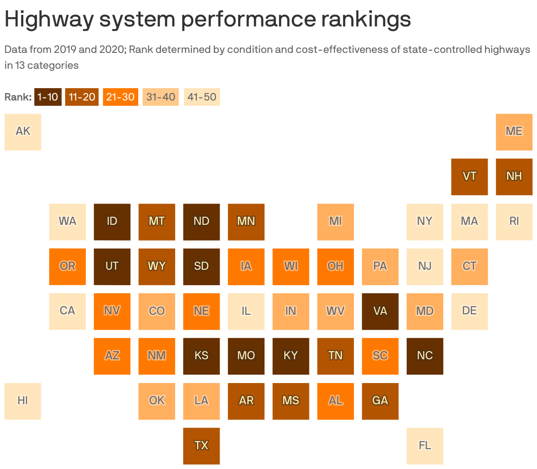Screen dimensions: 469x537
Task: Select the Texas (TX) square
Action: (201, 446)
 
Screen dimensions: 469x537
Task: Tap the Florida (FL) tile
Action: (425, 446)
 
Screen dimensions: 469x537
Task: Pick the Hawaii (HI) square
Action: (23, 401)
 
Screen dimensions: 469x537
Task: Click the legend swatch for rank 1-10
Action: (48, 97)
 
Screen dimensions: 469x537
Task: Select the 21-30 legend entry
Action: (120, 97)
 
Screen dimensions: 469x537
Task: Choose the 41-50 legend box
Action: (202, 97)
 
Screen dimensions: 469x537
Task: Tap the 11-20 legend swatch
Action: (82, 97)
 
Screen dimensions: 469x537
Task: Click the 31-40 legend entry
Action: (161, 97)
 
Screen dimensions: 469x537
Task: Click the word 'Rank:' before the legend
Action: (18, 97)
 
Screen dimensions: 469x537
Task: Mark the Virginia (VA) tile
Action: (380, 311)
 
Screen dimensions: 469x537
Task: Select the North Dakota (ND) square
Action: (201, 222)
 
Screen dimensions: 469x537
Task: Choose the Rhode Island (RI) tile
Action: (514, 222)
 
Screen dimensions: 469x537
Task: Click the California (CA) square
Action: (67, 311)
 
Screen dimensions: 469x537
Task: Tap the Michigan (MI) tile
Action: (335, 222)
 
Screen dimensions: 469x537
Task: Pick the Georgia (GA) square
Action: (380, 401)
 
